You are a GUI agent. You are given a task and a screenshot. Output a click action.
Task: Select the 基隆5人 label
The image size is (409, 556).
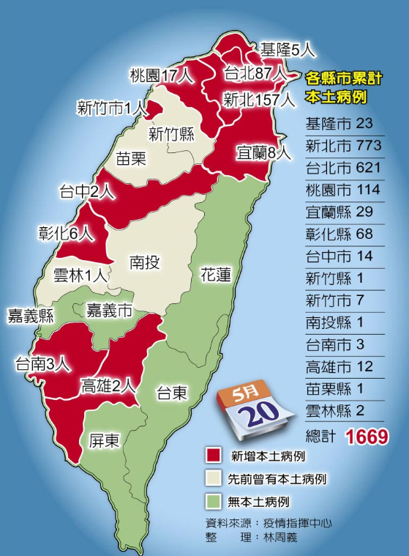coord(287,50)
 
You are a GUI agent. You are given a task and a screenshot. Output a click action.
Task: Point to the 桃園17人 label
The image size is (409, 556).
coord(162,75)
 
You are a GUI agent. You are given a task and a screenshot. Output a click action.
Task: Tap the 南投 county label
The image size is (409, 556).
coord(145,262)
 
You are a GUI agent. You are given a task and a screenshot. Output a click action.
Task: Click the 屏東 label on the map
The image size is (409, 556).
coord(105,440)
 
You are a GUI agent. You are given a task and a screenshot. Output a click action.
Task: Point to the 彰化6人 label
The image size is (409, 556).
coord(66,233)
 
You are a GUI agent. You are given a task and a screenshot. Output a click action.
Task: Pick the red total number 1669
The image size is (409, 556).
coord(367,437)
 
